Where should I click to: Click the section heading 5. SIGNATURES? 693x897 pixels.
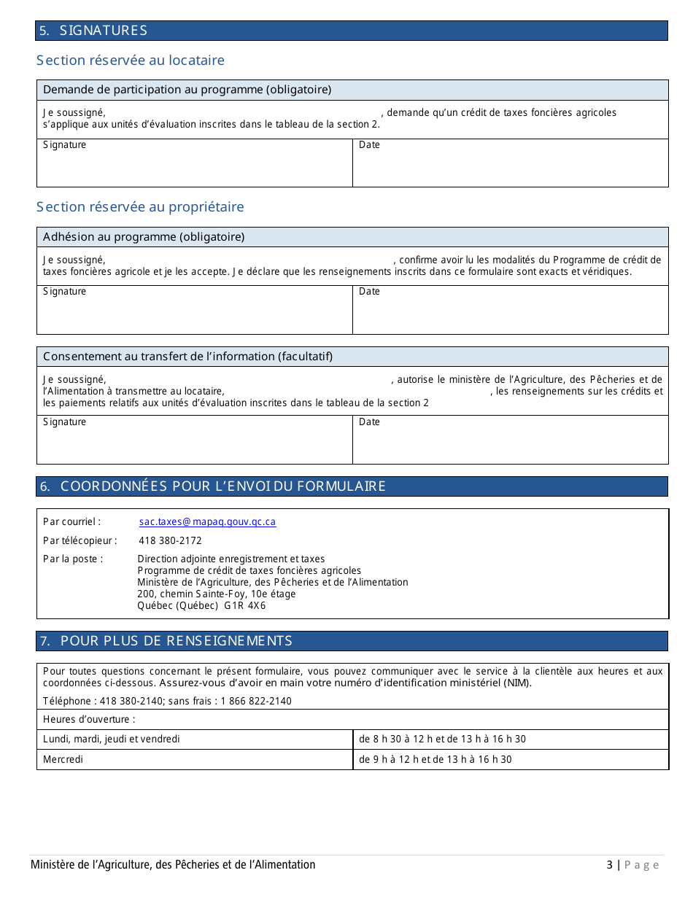pos(93,31)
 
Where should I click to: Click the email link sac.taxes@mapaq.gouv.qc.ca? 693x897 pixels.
pos(207,522)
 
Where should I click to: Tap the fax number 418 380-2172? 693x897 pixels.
pos(170,541)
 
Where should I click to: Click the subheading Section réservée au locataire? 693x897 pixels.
pos(131,61)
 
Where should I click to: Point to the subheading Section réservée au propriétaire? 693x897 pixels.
pos(140,207)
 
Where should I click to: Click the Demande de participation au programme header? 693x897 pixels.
pos(187,90)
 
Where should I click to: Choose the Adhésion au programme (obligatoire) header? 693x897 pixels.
pos(144,237)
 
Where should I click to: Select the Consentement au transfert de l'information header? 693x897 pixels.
pos(187,357)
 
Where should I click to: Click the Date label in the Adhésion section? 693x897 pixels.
pos(369,292)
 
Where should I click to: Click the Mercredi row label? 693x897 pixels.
pos(63,760)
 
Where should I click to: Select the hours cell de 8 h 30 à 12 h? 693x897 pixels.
pos(442,739)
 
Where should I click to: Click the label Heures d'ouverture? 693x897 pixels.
pos(89,720)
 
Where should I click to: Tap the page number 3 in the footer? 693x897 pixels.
pos(609,866)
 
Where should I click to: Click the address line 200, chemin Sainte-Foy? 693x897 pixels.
pos(216,594)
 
